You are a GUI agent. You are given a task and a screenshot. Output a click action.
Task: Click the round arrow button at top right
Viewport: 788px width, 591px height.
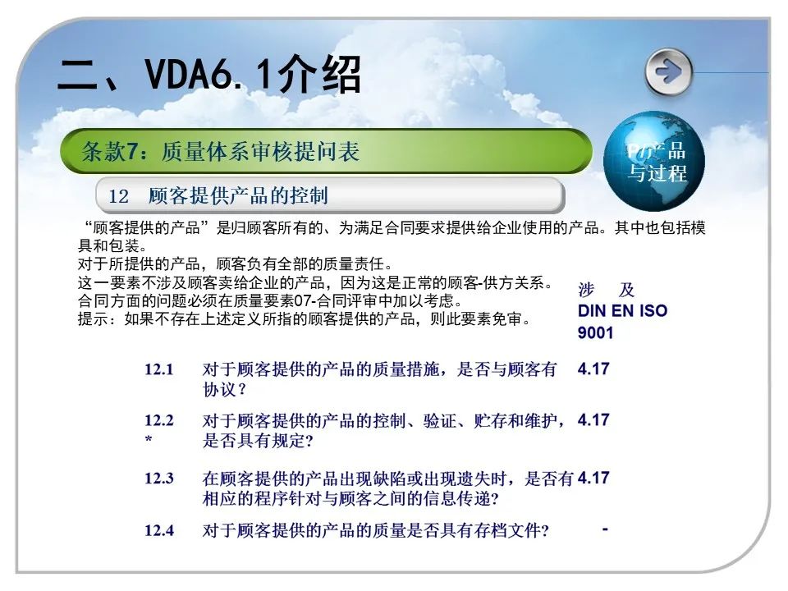tap(668, 72)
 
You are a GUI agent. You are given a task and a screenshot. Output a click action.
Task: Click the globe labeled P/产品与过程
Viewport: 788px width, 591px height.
tap(654, 162)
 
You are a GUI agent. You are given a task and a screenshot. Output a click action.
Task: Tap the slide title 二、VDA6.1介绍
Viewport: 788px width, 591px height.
tap(209, 74)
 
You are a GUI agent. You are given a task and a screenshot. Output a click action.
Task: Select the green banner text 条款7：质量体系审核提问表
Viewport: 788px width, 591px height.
tap(220, 151)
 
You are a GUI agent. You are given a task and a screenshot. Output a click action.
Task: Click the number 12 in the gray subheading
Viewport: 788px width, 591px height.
tap(118, 196)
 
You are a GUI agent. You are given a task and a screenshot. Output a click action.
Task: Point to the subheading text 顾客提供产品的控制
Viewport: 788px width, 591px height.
tap(238, 195)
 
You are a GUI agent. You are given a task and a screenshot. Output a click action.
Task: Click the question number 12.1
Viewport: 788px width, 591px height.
tap(158, 369)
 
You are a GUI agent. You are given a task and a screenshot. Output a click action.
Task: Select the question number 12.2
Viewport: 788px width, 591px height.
tap(158, 420)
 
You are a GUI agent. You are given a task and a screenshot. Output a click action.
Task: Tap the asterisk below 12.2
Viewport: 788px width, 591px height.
tap(149, 440)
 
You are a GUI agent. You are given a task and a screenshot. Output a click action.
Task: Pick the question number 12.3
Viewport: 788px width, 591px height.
tap(158, 478)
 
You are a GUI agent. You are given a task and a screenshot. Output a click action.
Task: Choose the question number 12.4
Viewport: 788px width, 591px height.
tap(158, 530)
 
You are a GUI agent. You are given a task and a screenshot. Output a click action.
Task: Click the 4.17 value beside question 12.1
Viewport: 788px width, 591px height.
tap(593, 369)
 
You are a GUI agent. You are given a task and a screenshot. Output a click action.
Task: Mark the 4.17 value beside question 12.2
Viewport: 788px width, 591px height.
tap(593, 419)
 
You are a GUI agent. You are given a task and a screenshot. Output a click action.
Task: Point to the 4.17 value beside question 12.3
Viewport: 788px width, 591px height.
tap(593, 478)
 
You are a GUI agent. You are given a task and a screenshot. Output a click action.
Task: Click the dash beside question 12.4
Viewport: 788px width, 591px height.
tap(605, 529)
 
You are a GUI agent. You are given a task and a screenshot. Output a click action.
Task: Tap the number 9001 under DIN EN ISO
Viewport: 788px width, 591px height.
tap(596, 332)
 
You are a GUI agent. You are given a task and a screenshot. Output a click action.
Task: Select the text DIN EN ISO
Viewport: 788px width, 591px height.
tap(623, 310)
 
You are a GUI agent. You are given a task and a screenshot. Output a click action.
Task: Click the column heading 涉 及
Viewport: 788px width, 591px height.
tap(606, 290)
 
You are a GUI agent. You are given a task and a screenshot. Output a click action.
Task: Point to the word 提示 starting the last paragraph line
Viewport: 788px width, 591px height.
tap(93, 319)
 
